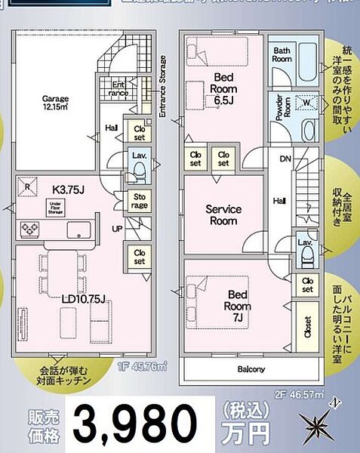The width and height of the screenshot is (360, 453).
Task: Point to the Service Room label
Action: [x=224, y=214]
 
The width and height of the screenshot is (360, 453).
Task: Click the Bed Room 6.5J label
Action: [x=225, y=88]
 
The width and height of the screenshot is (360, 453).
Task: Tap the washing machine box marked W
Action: [x=307, y=104]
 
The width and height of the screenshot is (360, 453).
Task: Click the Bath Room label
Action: [x=282, y=54]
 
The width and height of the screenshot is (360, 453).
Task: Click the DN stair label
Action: [x=285, y=159]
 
